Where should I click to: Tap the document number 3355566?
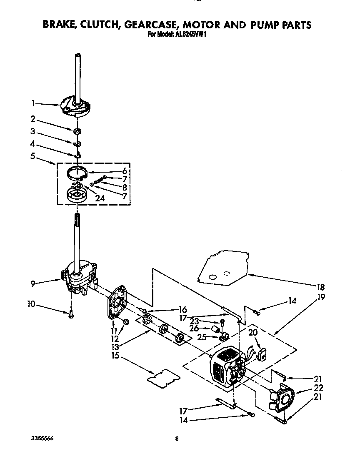tap(42, 439)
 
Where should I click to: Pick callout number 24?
tap(100, 199)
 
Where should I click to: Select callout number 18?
tap(320, 287)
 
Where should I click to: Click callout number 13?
tap(115, 346)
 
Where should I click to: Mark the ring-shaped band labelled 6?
tap(78, 171)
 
